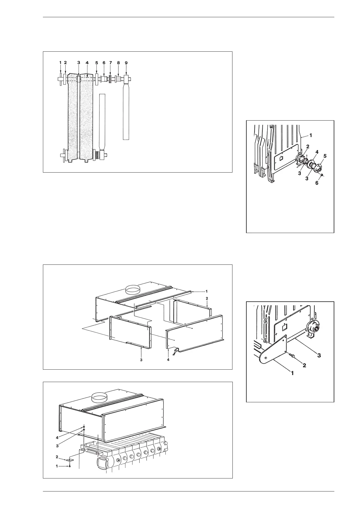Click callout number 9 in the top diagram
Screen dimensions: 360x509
[126, 63]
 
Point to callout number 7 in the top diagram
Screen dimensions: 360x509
[111, 63]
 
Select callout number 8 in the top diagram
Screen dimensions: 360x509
[118, 63]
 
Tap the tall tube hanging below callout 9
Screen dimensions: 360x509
[126, 112]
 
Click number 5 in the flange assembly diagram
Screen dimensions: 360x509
[325, 156]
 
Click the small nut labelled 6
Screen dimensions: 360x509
[323, 175]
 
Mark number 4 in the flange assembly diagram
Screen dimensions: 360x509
[317, 151]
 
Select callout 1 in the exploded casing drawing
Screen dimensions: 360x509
[206, 291]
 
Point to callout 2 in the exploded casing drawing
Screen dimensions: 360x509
[207, 298]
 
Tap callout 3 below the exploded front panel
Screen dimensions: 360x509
[141, 360]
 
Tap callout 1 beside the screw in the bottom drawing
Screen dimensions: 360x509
[57, 466]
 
